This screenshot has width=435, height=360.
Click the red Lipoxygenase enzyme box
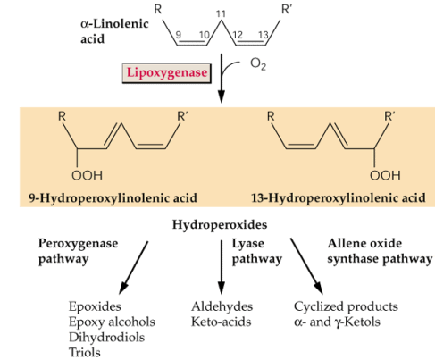click(167, 73)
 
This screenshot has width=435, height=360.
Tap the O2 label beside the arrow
click(258, 64)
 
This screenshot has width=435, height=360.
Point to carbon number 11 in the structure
click(221, 13)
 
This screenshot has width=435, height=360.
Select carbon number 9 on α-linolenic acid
click(178, 35)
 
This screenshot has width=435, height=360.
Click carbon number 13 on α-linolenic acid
click(264, 35)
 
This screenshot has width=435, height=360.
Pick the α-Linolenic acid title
click(114, 31)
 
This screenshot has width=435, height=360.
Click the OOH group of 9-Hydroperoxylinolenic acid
click(87, 175)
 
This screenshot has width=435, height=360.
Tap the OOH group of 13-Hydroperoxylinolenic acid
click(385, 175)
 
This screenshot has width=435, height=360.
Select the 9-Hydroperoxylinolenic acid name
click(113, 198)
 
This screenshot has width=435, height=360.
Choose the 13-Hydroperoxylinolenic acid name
click(339, 198)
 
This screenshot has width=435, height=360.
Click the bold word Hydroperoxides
click(220, 224)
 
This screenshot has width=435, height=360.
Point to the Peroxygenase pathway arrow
click(133, 267)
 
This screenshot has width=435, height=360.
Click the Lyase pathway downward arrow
click(222, 267)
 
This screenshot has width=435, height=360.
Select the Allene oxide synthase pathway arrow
click(306, 266)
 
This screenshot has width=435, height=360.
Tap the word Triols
click(85, 353)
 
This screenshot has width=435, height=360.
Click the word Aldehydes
click(222, 306)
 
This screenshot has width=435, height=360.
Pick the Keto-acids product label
click(221, 322)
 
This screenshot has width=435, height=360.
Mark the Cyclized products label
click(346, 306)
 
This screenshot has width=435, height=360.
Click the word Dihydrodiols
click(106, 338)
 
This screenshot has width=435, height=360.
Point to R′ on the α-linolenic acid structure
click(287, 10)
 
